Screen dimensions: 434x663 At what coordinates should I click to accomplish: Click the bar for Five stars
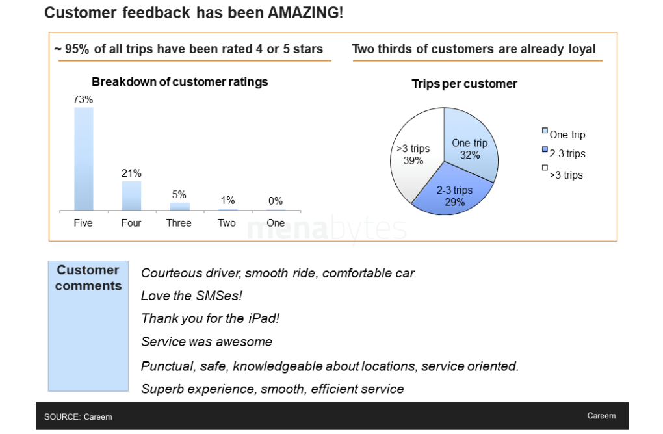click(84, 159)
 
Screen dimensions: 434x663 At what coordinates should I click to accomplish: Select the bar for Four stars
click(131, 196)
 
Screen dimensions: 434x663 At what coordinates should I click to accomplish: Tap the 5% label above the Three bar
click(179, 194)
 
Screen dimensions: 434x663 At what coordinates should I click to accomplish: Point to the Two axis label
click(227, 223)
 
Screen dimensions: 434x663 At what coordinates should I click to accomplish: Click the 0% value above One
click(276, 201)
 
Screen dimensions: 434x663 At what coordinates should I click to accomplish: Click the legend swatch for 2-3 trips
click(545, 151)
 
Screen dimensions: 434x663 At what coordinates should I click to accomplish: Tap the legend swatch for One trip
click(545, 131)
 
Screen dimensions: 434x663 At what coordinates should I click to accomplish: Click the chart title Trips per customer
click(464, 84)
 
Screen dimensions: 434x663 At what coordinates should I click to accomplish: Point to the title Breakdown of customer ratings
click(179, 82)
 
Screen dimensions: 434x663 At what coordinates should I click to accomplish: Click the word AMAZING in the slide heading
click(303, 13)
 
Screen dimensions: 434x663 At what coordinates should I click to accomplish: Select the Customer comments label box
click(88, 325)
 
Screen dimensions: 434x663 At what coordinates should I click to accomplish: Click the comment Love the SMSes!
click(192, 296)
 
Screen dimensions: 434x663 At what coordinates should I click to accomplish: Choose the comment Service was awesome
click(207, 341)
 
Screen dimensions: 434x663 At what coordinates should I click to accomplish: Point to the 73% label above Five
click(83, 99)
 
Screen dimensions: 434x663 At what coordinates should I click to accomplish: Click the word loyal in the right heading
click(580, 49)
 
